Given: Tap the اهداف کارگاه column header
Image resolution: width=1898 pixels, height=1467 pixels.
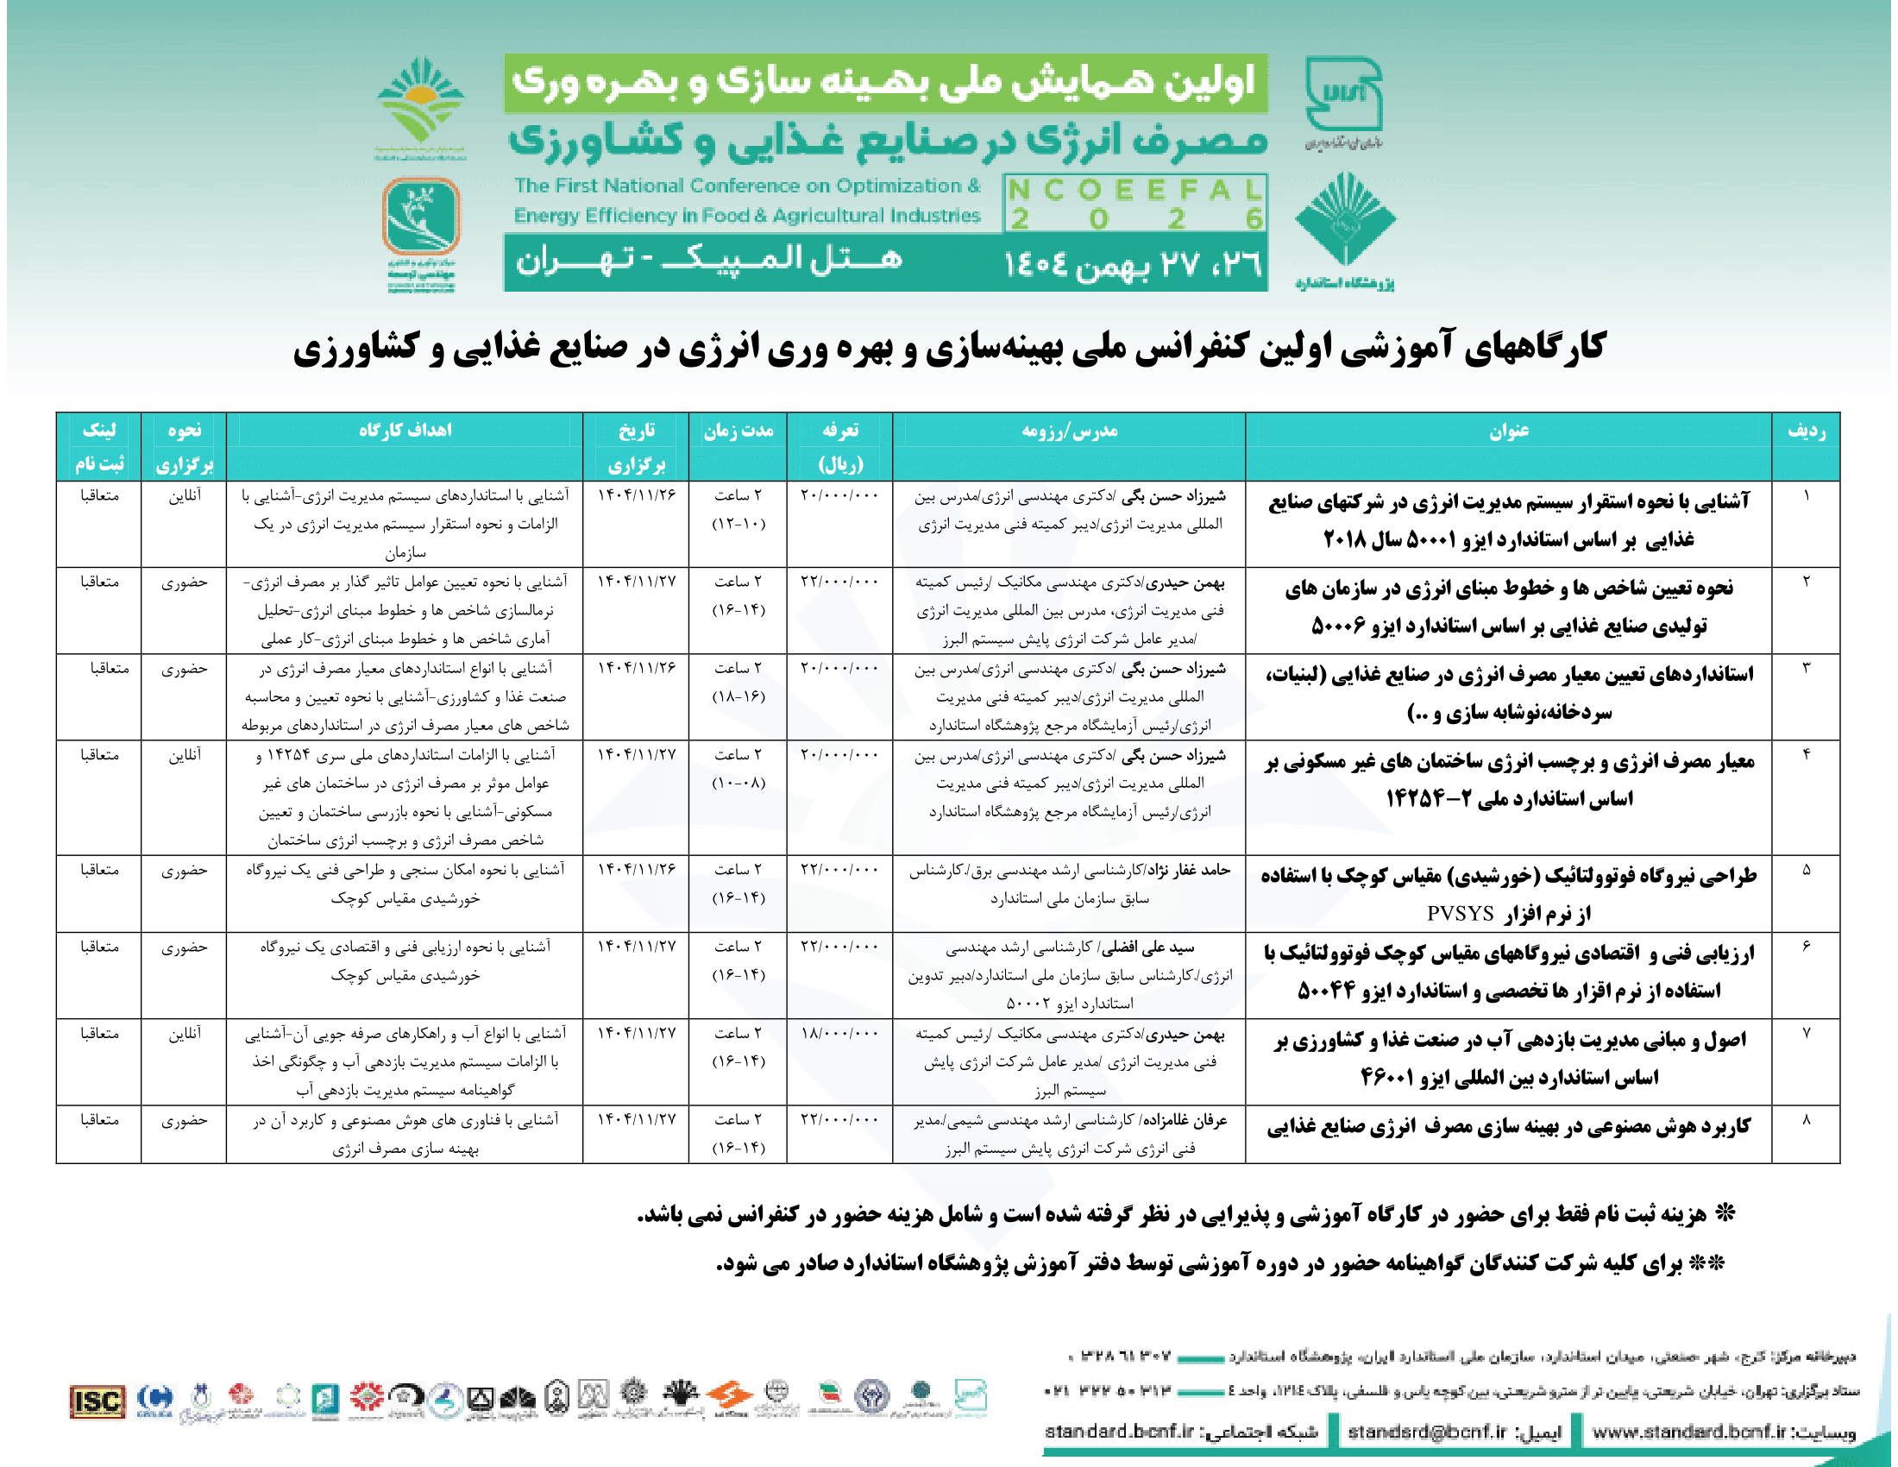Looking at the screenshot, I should coord(405,431).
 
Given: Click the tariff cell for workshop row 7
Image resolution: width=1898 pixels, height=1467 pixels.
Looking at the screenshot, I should coord(839,1033).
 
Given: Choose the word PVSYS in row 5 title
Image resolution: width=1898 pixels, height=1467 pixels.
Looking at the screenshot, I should coord(1460,913).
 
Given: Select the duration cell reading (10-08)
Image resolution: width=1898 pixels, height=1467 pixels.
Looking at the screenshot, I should coord(738,784).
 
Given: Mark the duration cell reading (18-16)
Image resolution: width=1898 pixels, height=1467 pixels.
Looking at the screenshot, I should coord(738,697).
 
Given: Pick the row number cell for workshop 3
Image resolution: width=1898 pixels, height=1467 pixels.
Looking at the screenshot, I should coord(1806,668).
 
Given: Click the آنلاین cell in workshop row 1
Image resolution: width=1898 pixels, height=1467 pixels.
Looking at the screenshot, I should coord(185,495).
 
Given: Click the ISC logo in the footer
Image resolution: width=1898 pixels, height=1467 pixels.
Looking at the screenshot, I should coord(97,1400).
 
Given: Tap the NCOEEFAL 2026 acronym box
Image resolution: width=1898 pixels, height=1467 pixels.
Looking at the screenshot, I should coord(1135,204).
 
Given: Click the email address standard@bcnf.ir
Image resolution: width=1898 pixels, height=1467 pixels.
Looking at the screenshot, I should coord(1426,1432).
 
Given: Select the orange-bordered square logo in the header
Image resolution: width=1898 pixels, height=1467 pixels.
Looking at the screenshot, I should coord(422,216).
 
